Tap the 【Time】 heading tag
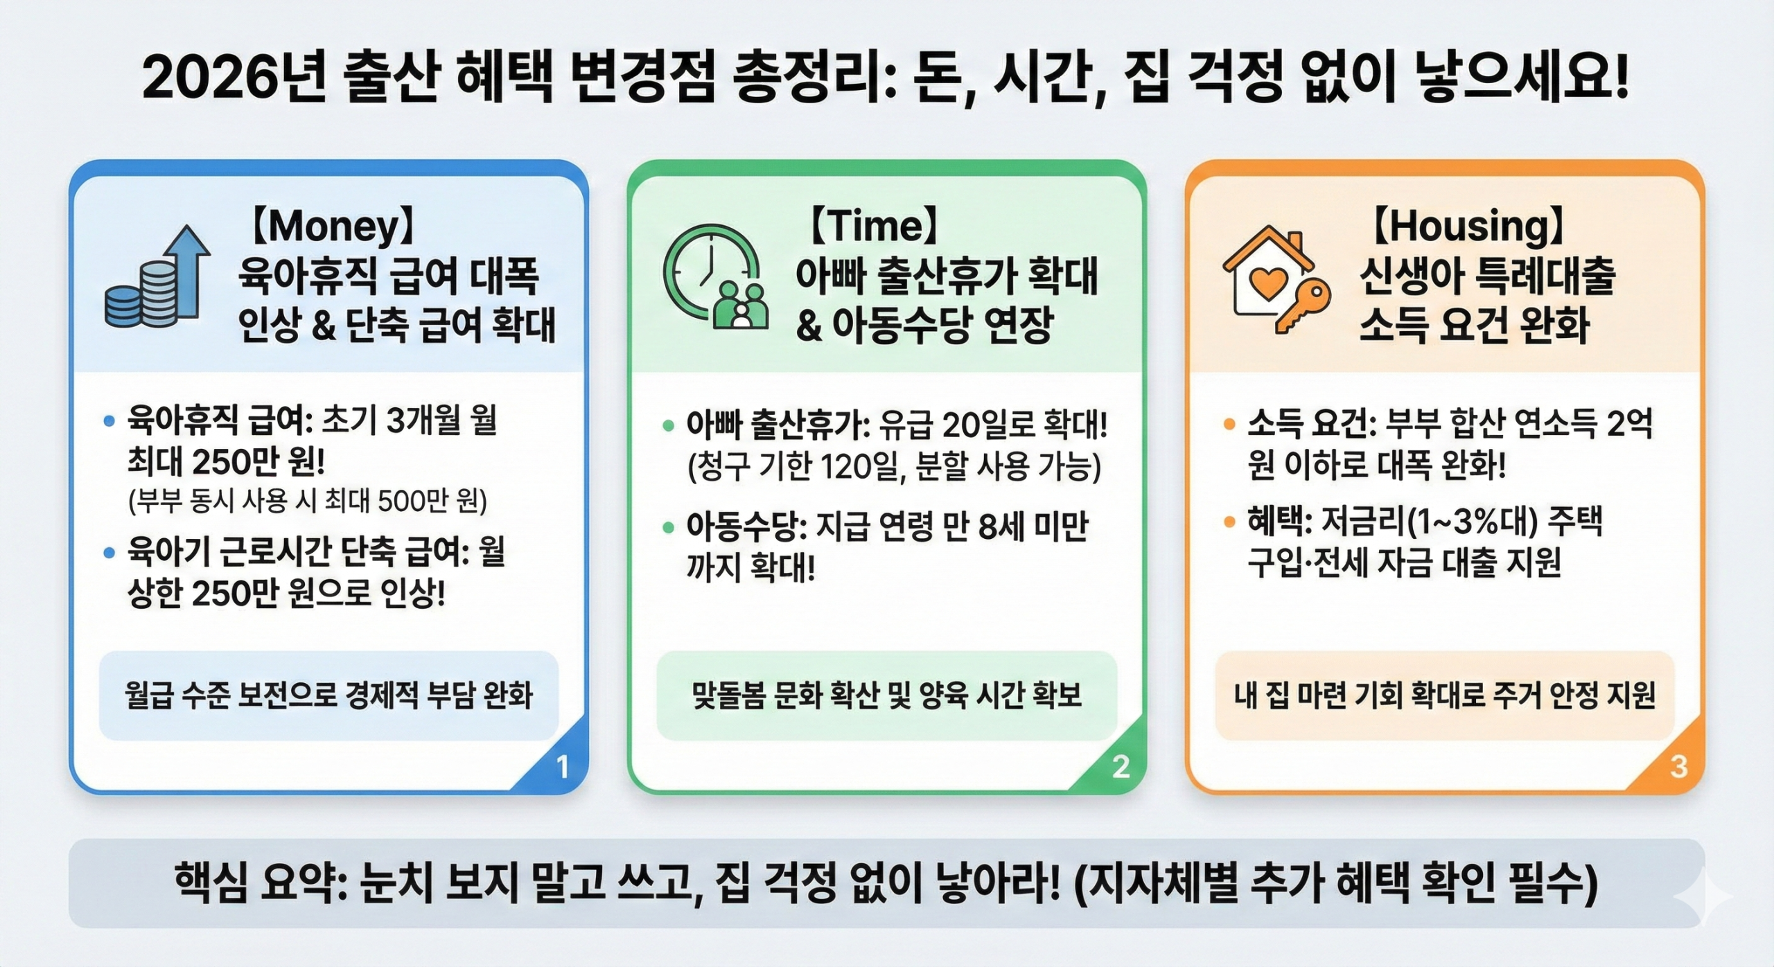coord(875,227)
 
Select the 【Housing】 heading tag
coord(1468,227)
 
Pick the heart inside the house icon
coord(1267,283)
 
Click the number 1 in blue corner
coord(563,767)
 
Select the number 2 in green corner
coord(1121,767)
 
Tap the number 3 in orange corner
coord(1678,767)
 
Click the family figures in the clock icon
coord(741,305)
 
